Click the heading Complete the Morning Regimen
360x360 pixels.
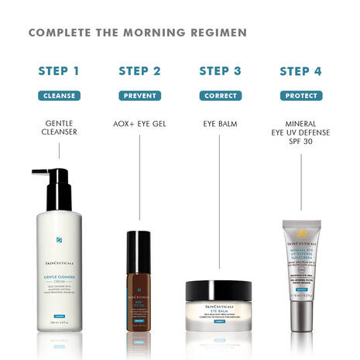point(138,33)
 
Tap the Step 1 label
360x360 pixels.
point(59,71)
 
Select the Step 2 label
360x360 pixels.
point(139,71)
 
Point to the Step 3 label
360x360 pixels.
point(220,71)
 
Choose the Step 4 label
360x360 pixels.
point(300,71)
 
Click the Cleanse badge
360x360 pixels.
point(59,96)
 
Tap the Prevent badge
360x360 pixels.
point(139,96)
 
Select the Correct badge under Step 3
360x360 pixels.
point(220,96)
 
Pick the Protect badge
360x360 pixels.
point(300,96)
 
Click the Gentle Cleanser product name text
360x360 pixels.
point(59,127)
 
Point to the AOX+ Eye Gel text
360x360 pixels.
point(139,123)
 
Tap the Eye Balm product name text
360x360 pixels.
point(220,123)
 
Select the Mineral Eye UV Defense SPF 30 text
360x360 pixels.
point(300,132)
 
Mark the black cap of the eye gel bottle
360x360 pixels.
point(139,242)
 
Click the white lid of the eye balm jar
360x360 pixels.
point(218,291)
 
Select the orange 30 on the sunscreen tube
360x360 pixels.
point(300,233)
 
